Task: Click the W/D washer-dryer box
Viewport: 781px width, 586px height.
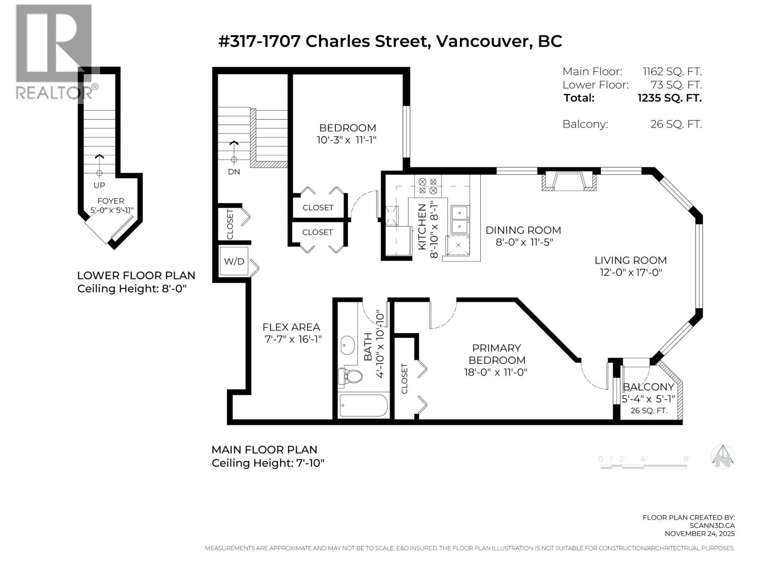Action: (x=234, y=262)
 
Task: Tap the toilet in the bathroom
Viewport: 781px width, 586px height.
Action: (x=350, y=377)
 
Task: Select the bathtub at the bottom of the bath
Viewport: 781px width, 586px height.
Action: (x=363, y=406)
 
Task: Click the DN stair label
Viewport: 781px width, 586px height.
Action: (x=234, y=172)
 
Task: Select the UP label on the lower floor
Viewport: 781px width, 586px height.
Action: (x=99, y=186)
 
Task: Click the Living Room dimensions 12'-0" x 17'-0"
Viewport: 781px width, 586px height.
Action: (x=631, y=272)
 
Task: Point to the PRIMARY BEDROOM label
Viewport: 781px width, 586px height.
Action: (x=496, y=354)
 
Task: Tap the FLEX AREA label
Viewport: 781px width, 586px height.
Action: (x=291, y=327)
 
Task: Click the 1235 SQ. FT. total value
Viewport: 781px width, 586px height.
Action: (x=669, y=98)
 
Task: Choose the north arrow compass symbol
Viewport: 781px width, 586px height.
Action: (x=723, y=458)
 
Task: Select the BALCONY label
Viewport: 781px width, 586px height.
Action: (x=648, y=387)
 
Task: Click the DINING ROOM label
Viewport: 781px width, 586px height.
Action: (x=523, y=230)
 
